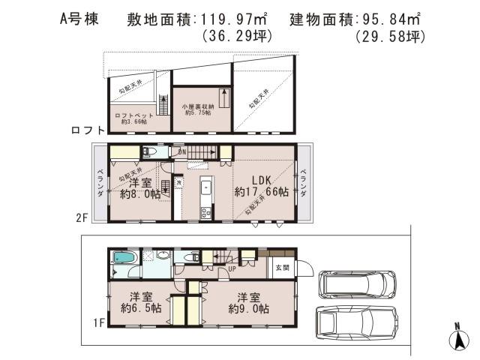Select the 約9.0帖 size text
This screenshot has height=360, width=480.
(250, 307)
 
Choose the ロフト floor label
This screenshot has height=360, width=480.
(86, 130)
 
